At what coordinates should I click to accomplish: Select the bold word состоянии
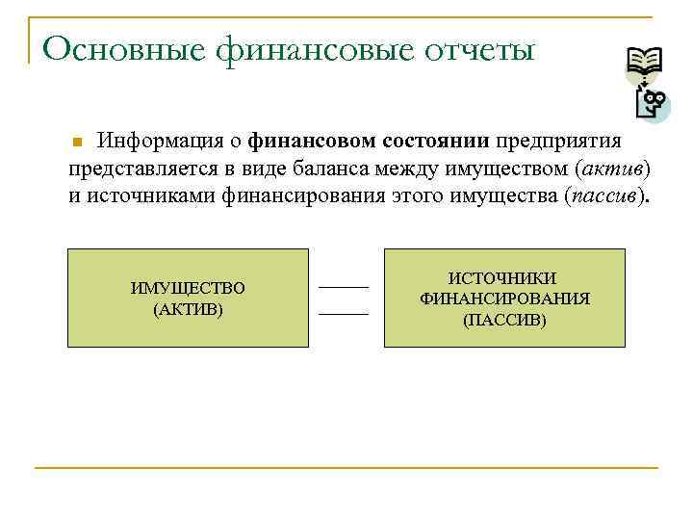pos(438,142)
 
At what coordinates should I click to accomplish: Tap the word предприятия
pos(559,142)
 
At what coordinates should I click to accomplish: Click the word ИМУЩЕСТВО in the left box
pos(188,288)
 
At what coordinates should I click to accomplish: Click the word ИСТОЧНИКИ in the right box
pos(504,278)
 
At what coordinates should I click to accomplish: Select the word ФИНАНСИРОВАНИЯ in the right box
pos(504,299)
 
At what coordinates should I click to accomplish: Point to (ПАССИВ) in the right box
pos(504,319)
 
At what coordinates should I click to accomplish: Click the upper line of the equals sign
pos(344,286)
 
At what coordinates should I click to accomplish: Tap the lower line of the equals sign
pos(344,313)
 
